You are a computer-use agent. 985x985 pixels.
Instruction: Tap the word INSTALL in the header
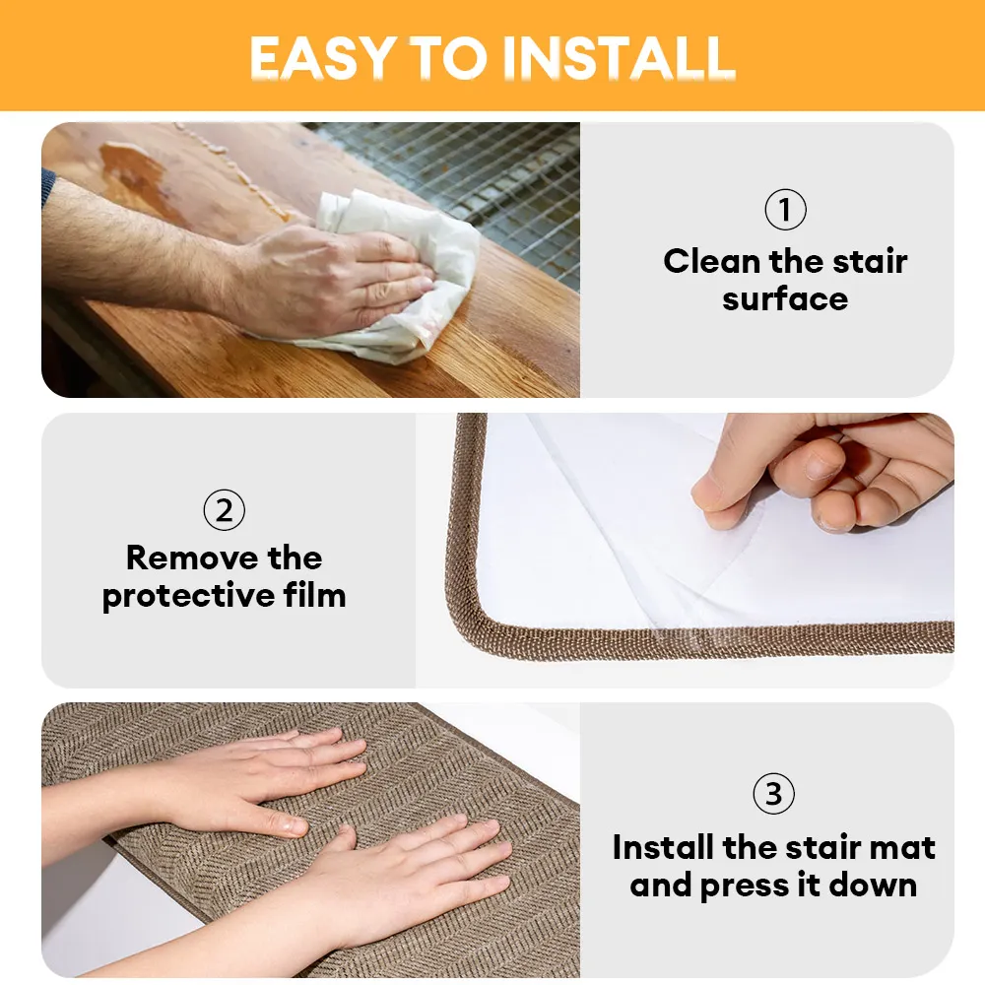coord(620,58)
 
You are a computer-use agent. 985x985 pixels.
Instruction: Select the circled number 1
coord(785,210)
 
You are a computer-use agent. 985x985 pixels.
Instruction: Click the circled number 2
coord(224,510)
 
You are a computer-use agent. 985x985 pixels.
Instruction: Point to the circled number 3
coord(773,794)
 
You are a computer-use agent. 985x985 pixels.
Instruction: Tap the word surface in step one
coord(785,298)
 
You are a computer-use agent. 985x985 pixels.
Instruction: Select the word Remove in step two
coord(182,558)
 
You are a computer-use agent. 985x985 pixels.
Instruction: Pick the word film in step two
coord(312,596)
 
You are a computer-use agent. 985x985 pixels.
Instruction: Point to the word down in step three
coord(873,885)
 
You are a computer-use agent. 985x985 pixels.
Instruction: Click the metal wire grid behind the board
coord(492,177)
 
